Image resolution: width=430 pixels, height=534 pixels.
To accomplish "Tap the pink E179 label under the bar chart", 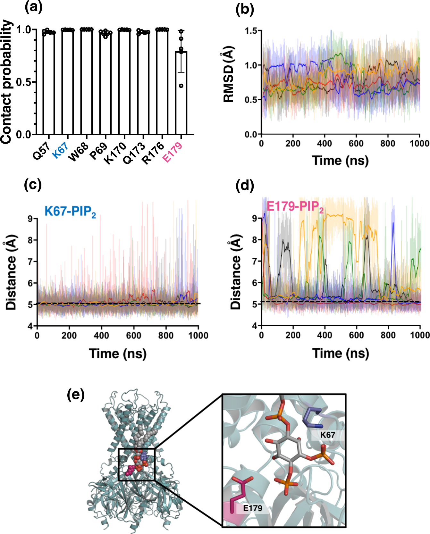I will pyautogui.click(x=173, y=152).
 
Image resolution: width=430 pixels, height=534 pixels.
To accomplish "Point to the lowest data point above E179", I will pyautogui.click(x=181, y=86).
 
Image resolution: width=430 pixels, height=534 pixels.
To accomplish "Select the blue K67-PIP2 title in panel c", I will pyautogui.click(x=70, y=212).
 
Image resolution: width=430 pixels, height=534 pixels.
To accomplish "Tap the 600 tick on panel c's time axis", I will pyautogui.click(x=133, y=336).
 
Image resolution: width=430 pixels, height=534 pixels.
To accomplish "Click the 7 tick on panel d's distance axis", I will pyautogui.click(x=254, y=261).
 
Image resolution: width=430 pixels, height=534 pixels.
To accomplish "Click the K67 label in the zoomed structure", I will pyautogui.click(x=327, y=435).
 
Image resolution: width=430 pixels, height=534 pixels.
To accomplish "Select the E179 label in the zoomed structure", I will pyautogui.click(x=252, y=508).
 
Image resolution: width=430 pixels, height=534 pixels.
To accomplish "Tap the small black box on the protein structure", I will pyautogui.click(x=137, y=464).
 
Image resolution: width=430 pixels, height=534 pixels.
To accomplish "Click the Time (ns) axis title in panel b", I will pyautogui.click(x=340, y=160).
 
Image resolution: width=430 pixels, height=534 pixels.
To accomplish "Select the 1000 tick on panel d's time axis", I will pyautogui.click(x=420, y=335).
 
